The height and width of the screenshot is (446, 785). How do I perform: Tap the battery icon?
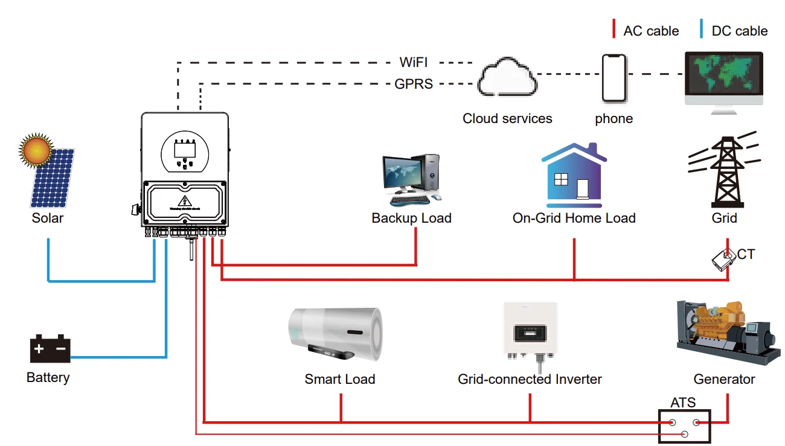(50, 349)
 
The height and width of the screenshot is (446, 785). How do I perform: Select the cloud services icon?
(507, 77)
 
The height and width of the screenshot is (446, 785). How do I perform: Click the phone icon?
(614, 78)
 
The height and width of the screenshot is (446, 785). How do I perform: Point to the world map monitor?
(723, 75)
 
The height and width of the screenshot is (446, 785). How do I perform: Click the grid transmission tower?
(724, 170)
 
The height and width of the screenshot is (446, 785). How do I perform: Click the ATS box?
(684, 427)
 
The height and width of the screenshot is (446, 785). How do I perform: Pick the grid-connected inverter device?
(530, 332)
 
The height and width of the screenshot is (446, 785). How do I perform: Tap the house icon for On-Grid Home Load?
(574, 176)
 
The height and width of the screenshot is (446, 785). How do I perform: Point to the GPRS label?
(414, 84)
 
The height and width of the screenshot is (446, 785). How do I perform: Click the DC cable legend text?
(740, 31)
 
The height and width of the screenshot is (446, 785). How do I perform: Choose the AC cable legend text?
(651, 31)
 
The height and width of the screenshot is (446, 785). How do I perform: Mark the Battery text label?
(48, 378)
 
